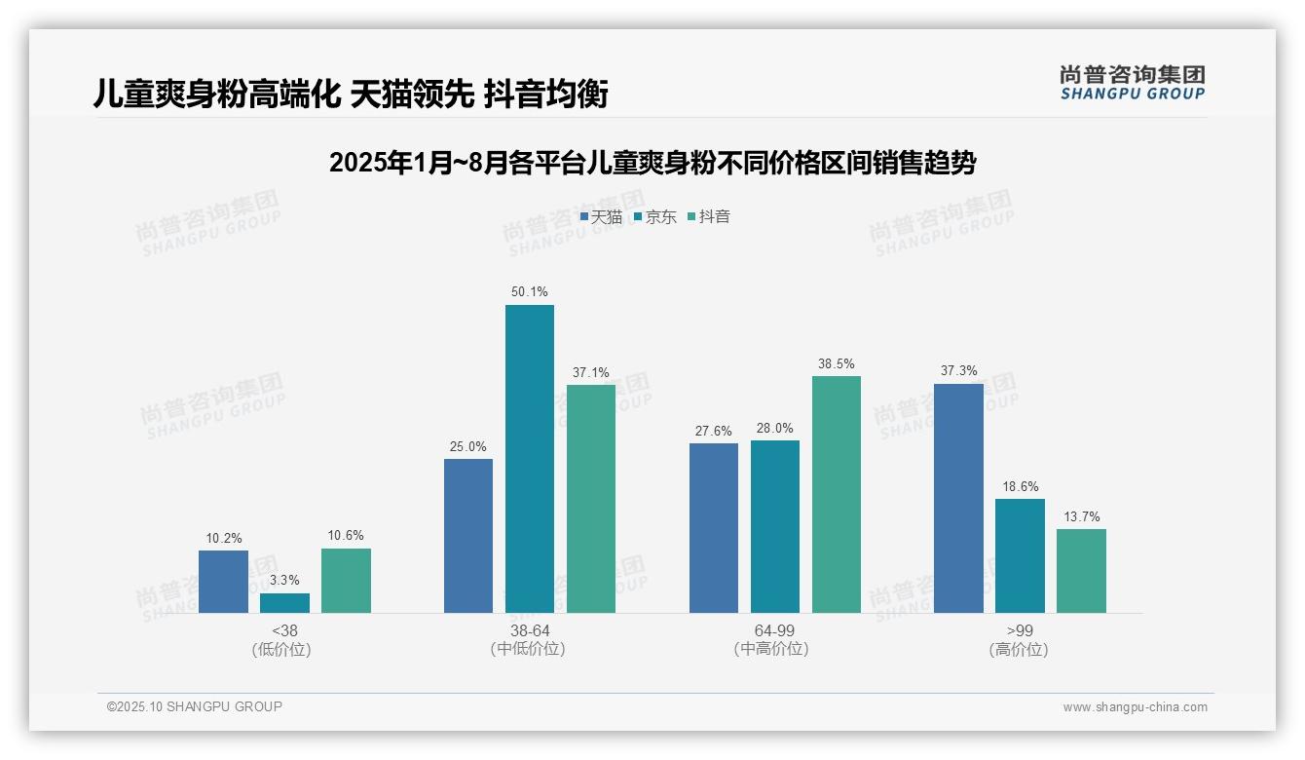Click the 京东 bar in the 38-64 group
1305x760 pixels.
pos(529,459)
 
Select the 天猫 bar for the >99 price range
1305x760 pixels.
pos(958,498)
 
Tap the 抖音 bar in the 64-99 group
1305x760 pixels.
pos(837,494)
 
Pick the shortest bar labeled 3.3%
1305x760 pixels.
pos(284,603)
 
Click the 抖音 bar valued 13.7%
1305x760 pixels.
pos(1081,571)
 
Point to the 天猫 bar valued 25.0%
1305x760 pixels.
pos(468,536)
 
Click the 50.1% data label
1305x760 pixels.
pos(529,291)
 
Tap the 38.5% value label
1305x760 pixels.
pos(837,363)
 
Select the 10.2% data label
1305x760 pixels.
pos(223,538)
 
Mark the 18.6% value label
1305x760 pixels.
pos(1020,486)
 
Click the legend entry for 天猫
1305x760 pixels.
pos(601,216)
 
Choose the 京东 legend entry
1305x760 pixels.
pos(654,216)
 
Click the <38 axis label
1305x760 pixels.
pos(284,630)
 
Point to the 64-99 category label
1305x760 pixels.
pos(775,630)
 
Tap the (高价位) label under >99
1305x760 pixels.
pos(1019,649)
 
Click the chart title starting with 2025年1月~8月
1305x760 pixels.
pos(652,163)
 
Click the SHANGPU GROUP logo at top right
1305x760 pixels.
pos(1133,83)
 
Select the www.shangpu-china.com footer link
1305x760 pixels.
pos(1135,707)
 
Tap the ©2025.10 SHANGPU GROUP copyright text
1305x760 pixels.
pos(195,706)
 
